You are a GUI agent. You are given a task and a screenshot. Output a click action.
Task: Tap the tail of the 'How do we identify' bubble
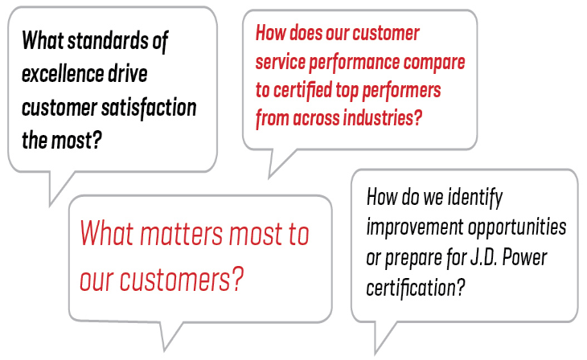coord(380,337)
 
